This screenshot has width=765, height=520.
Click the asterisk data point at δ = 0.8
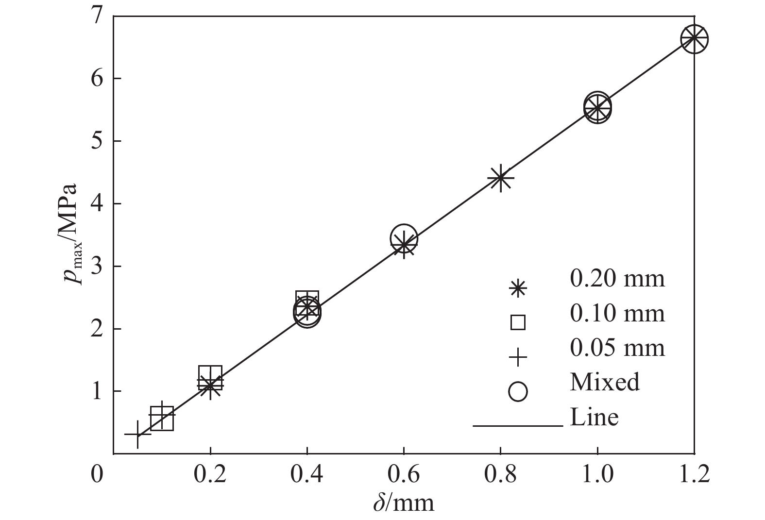500,178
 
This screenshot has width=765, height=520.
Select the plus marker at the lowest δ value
137,435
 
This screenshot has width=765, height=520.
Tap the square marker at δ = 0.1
162,418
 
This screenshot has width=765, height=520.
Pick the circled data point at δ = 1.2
694,39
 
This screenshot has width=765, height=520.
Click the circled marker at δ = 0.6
404,238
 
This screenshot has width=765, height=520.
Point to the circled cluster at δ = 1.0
597,107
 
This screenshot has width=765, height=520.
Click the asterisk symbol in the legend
518,288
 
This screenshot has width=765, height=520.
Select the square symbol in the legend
518,323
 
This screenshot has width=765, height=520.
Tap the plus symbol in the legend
518,358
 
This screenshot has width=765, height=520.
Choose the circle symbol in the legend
518,391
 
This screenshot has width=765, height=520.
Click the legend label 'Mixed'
605,382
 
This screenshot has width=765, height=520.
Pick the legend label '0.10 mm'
617,314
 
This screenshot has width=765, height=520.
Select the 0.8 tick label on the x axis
500,474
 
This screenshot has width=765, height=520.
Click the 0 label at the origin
98,474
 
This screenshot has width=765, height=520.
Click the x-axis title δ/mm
404,503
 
